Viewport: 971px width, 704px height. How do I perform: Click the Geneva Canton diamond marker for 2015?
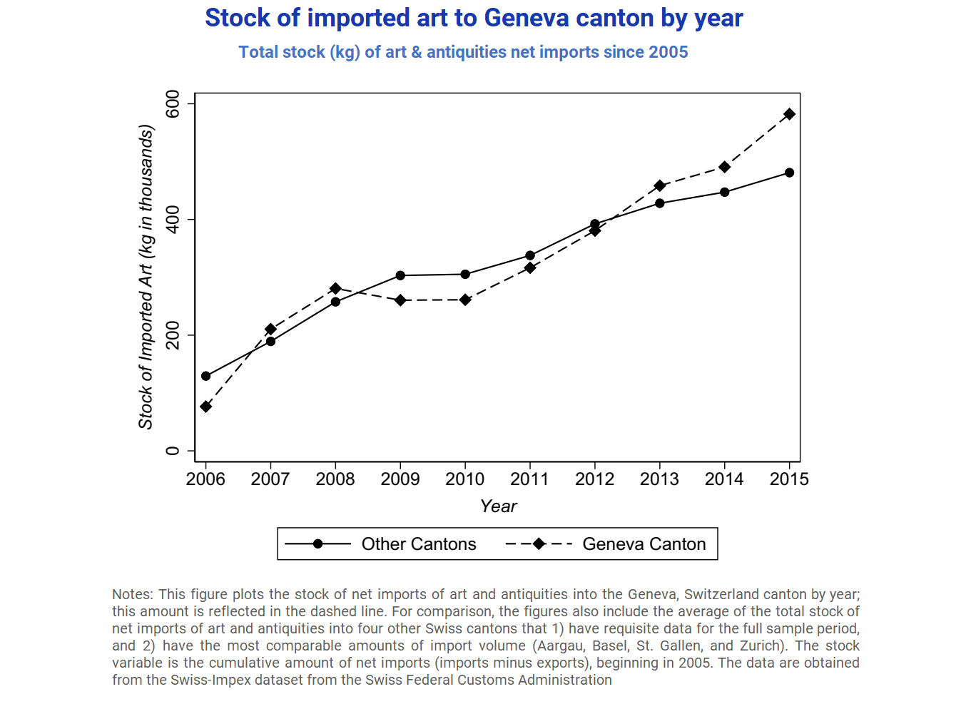789,114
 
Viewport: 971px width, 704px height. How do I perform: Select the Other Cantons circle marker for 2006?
205,376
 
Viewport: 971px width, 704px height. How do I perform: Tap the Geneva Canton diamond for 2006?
205,407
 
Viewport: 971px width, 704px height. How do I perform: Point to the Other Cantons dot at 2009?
400,275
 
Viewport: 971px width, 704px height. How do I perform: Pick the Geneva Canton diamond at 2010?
465,300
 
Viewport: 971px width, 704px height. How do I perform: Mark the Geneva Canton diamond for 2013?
659,185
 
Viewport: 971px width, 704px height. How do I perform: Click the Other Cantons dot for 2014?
724,192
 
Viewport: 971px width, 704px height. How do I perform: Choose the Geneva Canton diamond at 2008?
335,288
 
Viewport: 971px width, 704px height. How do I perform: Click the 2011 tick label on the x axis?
529,479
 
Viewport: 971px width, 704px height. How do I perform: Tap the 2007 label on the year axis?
270,479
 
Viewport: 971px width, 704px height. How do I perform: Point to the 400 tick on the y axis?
173,220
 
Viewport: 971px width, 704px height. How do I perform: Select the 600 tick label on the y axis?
173,104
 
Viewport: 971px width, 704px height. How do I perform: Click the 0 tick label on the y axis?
173,451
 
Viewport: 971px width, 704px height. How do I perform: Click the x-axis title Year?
498,506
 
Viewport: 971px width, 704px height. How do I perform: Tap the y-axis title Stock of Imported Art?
146,277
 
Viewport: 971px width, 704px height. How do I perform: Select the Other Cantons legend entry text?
419,544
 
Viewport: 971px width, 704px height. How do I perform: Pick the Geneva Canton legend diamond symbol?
539,544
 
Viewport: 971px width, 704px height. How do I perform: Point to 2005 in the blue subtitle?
668,52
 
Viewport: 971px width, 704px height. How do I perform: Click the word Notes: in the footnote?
133,594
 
